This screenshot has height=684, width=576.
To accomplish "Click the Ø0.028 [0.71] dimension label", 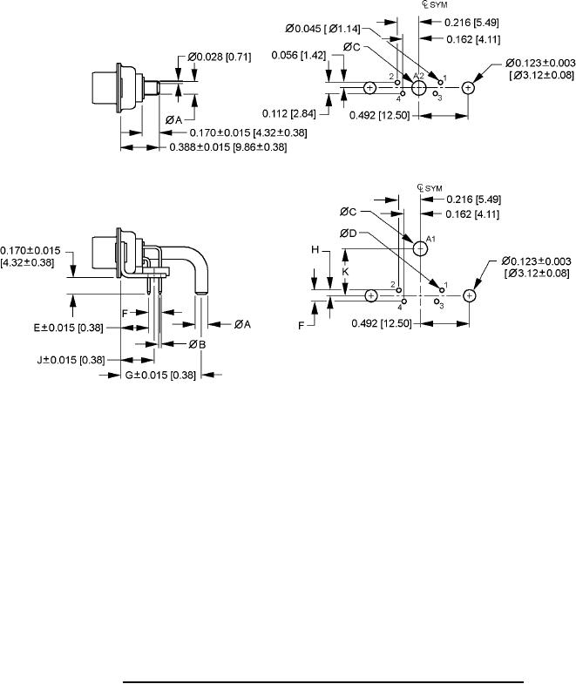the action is pos(220,57).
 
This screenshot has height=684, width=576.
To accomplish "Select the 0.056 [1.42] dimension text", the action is pos(299,55).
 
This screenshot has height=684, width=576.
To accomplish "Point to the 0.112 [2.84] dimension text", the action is pos(289,113).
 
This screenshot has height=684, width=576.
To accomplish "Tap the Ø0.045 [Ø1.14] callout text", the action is pos(323,29).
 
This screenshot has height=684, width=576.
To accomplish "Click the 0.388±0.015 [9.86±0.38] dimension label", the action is pos(228,147).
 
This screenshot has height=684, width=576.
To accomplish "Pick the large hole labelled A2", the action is pos(419,88).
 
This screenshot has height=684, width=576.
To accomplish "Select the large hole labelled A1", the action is pos(420,248).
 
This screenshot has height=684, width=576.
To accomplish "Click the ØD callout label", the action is pos(348,234).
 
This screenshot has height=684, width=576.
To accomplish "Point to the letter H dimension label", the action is pos(315,250).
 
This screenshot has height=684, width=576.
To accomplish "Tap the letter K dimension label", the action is pos(345,272).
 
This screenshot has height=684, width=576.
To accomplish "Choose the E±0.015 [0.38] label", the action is pos(69,328).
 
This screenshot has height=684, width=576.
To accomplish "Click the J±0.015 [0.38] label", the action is pos(71,360).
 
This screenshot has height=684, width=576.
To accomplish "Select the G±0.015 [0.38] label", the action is pos(160,375).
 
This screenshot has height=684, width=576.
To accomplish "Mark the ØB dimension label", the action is pos(197,345).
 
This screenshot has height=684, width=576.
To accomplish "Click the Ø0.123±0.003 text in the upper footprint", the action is pos(540,64).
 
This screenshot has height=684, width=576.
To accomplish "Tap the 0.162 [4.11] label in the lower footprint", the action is pos(472,214).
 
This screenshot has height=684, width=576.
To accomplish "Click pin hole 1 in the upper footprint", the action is pos(440,82).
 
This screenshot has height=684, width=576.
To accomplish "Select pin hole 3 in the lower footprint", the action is pos(437,301).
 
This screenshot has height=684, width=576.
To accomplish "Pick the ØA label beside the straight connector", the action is pos(173,119).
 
